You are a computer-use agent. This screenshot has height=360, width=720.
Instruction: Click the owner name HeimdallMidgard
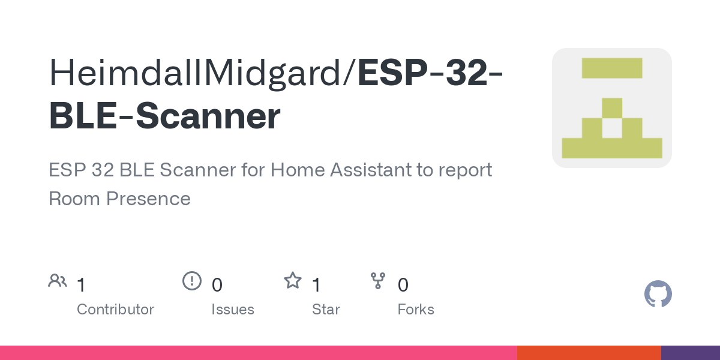point(198,73)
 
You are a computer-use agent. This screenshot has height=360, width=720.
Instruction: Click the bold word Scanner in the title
point(208,116)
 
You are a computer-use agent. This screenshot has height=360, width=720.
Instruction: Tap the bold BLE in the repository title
point(82,116)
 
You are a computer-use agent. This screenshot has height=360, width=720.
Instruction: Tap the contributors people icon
point(58,281)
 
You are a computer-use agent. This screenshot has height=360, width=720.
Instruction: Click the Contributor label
point(115,310)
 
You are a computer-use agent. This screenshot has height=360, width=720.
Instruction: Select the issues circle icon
point(191,281)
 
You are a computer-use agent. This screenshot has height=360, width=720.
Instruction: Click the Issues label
point(233,310)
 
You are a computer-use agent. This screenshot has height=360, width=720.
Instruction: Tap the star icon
point(293,281)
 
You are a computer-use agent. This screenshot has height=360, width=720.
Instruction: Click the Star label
point(326,310)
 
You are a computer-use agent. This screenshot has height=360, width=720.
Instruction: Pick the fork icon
point(378,281)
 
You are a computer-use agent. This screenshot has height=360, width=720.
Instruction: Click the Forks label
point(416,310)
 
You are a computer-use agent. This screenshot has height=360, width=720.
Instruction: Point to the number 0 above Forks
point(403,285)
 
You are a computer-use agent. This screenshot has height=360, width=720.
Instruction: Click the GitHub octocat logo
point(658,294)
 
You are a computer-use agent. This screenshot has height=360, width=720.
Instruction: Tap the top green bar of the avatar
point(612,68)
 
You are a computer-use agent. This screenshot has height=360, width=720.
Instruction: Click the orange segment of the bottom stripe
point(589,353)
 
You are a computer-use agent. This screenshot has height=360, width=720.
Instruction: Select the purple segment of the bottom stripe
point(690,353)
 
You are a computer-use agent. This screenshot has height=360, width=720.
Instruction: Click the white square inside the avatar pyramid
point(612,128)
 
